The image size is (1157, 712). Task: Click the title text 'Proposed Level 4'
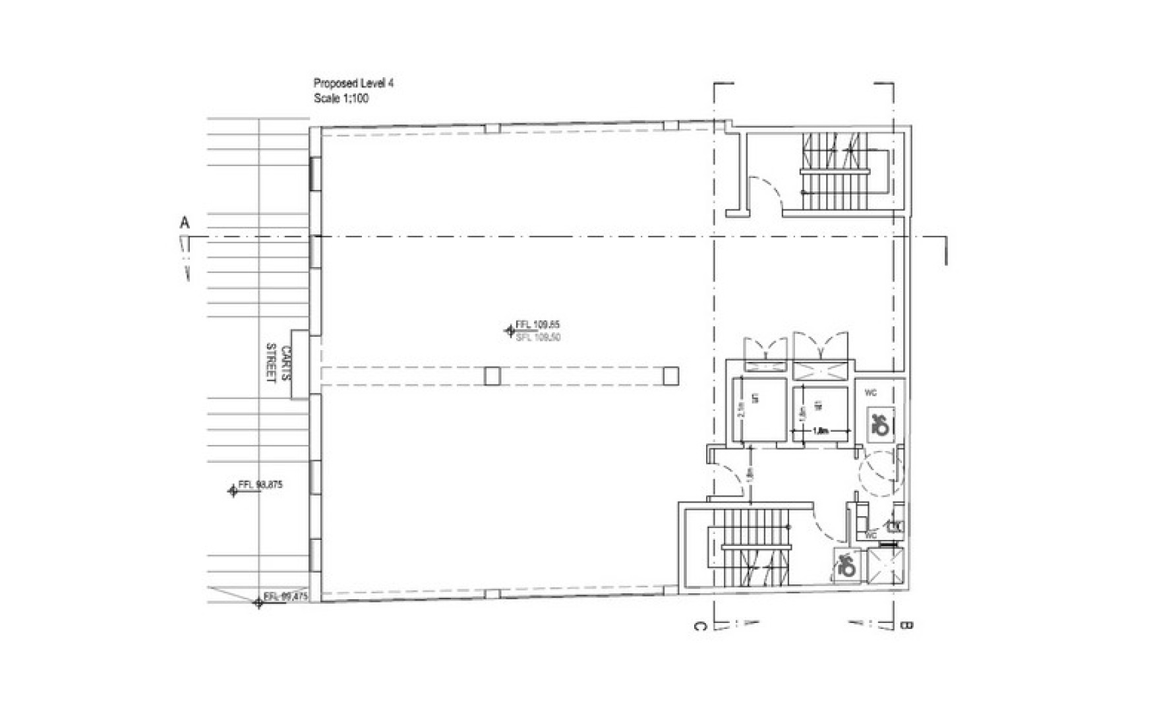[353, 84]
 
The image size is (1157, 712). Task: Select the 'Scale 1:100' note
[341, 99]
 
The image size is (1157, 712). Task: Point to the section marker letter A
[185, 223]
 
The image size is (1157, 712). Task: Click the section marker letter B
[906, 625]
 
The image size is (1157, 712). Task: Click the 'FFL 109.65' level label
[537, 324]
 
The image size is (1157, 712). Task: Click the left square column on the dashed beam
[492, 376]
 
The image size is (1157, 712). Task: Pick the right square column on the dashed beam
[670, 376]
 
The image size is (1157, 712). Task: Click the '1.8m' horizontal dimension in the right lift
[820, 431]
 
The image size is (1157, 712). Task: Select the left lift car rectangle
[759, 409]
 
